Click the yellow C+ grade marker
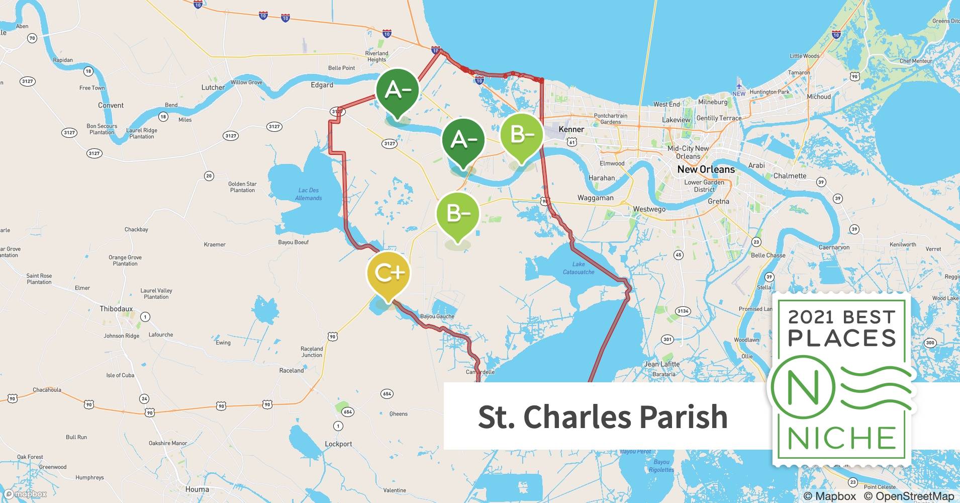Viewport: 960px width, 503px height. click(389, 273)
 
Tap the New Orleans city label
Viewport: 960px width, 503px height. click(706, 170)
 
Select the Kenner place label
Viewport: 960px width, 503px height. click(571, 129)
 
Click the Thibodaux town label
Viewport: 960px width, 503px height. click(116, 309)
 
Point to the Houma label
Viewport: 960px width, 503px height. click(197, 489)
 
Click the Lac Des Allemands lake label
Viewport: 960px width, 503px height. click(308, 194)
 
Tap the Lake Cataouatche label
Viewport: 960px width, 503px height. click(579, 268)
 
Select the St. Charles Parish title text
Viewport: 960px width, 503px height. click(603, 416)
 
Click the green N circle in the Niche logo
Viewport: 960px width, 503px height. click(803, 388)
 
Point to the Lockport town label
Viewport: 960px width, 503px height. click(338, 444)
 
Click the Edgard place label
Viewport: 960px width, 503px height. click(322, 85)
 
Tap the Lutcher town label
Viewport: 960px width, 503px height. click(213, 88)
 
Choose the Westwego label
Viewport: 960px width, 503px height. click(649, 209)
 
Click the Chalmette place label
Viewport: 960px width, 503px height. click(790, 176)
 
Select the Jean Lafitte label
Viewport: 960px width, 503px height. click(662, 364)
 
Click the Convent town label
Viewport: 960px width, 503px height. click(111, 106)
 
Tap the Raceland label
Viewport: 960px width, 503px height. click(292, 371)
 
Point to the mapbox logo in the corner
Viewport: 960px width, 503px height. click(25, 494)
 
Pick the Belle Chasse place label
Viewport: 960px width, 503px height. click(768, 256)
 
